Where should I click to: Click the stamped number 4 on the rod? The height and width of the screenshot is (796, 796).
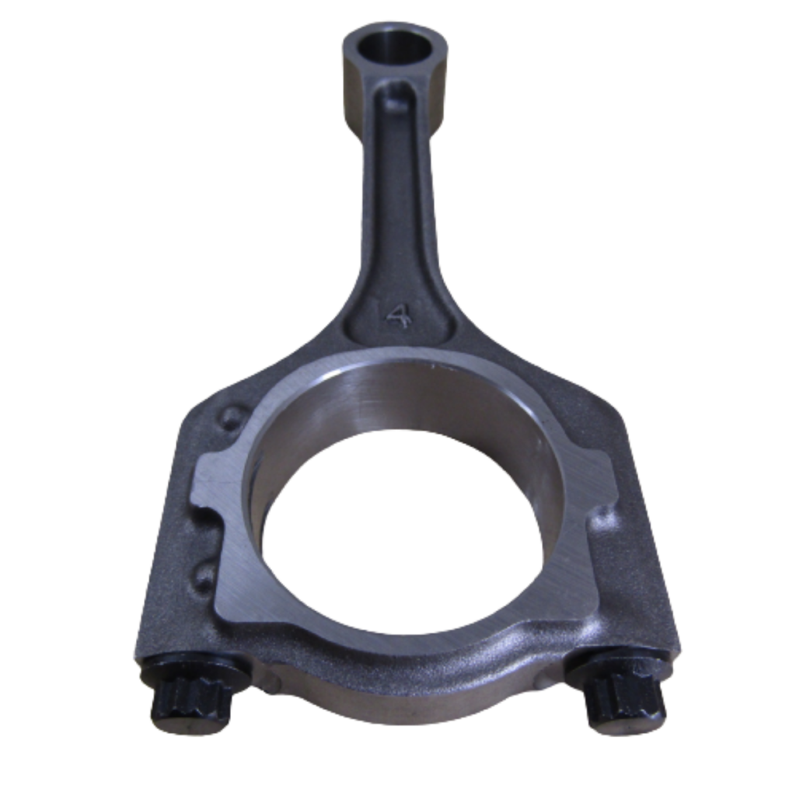397,315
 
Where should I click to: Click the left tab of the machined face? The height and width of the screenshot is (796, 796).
218,482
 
